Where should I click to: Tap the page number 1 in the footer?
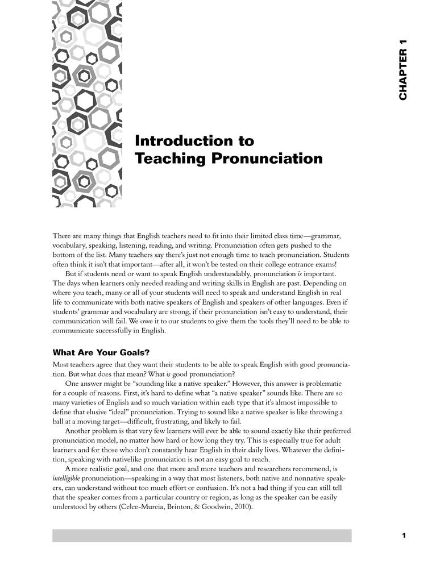point(403,535)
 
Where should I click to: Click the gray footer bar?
point(202,535)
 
